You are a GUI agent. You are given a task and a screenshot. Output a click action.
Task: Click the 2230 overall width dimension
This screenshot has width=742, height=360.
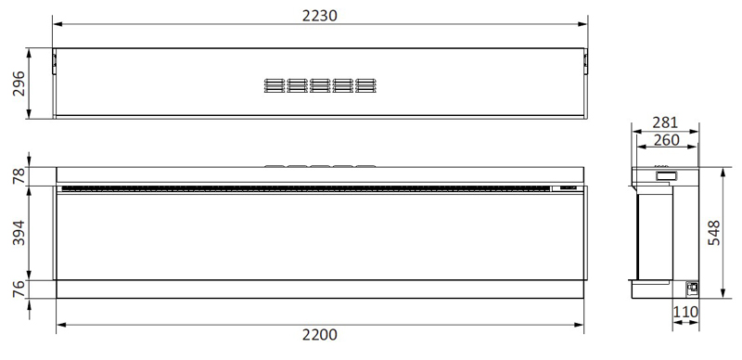click(320, 16)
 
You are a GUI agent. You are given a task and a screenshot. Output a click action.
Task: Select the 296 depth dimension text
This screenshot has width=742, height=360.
click(19, 84)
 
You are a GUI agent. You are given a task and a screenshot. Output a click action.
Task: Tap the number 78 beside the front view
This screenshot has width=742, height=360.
click(19, 175)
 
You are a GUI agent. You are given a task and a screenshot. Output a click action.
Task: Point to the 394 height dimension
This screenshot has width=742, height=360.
click(19, 233)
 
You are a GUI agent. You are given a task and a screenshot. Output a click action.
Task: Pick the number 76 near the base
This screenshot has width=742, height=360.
click(19, 289)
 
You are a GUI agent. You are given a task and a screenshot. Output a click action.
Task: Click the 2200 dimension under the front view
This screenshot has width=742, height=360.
click(320, 335)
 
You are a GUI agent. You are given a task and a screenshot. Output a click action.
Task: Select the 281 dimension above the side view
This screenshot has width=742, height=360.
click(665, 122)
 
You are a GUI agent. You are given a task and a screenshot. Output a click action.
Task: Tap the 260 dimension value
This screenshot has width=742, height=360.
click(666, 140)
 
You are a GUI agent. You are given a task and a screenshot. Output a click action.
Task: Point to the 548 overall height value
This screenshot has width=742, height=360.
click(714, 233)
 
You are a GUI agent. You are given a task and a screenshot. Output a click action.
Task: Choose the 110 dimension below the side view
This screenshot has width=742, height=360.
click(685, 312)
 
